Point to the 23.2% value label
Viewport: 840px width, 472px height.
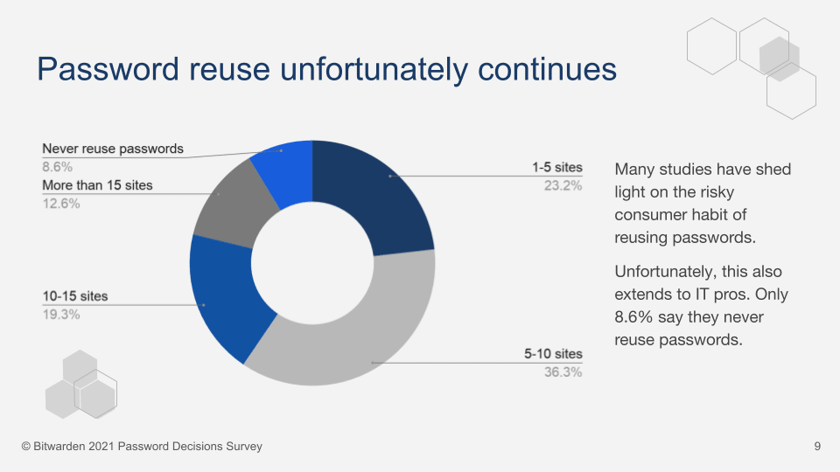click(x=563, y=185)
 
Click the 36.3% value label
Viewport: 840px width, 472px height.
click(x=563, y=372)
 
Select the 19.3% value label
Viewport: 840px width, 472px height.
click(x=61, y=314)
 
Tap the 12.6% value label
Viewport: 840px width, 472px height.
click(x=61, y=203)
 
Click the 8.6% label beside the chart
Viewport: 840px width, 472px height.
click(x=58, y=166)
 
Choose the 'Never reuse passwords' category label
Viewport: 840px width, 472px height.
click(x=113, y=149)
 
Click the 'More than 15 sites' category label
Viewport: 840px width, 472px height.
click(x=97, y=185)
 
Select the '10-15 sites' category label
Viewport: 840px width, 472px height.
click(x=75, y=296)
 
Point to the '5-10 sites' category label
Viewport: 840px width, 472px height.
click(x=553, y=354)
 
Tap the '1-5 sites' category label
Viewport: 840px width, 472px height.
click(x=556, y=167)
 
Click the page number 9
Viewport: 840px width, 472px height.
click(x=817, y=447)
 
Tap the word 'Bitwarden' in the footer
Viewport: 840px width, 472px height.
click(x=60, y=447)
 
